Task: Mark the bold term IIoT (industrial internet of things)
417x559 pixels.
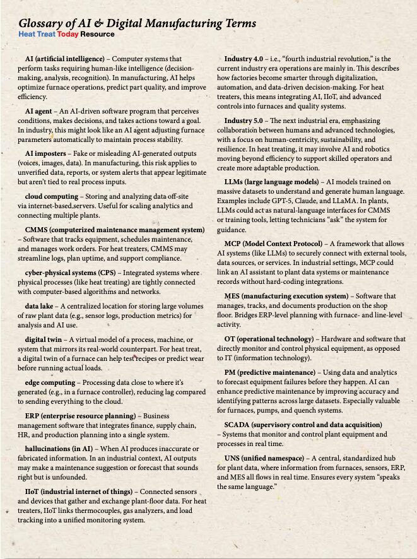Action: pyautogui.click(x=79, y=491)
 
